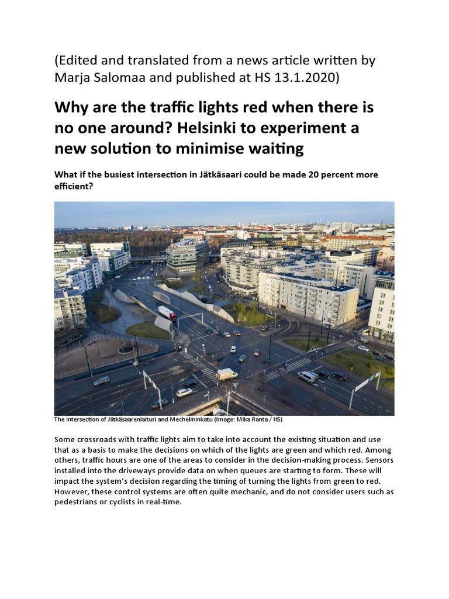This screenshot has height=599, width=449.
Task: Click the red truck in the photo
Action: (167, 313)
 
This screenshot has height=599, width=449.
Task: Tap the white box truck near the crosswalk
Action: (227, 374)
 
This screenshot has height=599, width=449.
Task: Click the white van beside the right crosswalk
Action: (307, 377)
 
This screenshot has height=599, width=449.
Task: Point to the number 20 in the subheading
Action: (308, 175)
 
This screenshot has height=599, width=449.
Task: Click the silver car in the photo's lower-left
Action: (101, 381)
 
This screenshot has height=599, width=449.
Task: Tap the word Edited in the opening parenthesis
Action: (80, 60)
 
